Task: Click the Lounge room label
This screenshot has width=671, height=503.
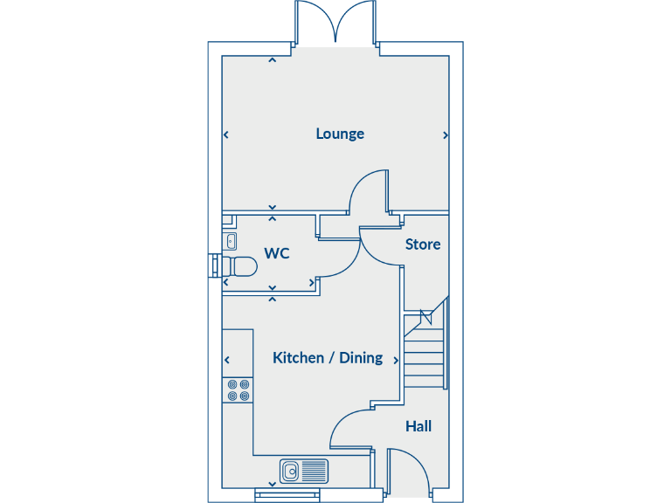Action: (340, 134)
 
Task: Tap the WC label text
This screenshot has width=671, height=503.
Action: (277, 253)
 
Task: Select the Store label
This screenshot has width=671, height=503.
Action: (422, 245)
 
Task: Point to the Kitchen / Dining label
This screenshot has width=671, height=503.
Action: (328, 357)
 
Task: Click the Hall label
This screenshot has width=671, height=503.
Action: (419, 426)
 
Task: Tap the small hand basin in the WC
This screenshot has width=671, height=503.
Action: (232, 240)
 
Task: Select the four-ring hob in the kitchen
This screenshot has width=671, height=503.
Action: (239, 389)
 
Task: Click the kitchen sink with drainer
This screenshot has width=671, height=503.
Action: (304, 471)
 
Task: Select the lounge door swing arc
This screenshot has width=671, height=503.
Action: (369, 190)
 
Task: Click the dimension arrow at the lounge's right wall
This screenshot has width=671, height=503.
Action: (446, 135)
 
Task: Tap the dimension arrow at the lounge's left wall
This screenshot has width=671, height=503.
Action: (226, 135)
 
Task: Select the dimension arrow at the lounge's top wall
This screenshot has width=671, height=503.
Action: (272, 60)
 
